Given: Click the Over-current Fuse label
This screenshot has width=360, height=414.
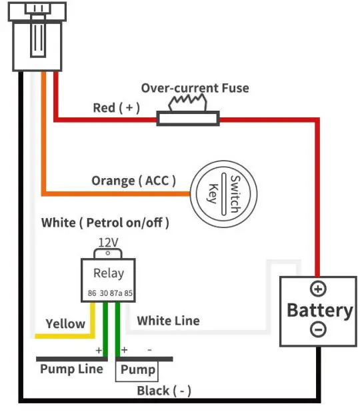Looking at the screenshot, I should [x=195, y=88].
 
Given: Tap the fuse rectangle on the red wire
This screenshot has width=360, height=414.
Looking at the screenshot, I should [x=188, y=119].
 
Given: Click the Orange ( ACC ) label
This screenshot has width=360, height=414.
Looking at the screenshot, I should [x=133, y=181].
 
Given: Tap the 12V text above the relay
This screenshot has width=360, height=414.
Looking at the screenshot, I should [x=108, y=242].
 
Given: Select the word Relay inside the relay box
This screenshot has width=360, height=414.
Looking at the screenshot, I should [x=108, y=273].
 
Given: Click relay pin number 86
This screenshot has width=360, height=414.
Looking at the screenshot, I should [x=92, y=293].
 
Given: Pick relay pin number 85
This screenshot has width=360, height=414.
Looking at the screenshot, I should [x=129, y=293].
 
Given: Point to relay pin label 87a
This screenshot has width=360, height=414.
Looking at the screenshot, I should [x=115, y=293].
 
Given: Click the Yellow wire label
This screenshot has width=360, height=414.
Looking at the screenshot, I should [x=65, y=324].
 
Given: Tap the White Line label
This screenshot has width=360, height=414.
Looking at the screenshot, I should [x=168, y=321].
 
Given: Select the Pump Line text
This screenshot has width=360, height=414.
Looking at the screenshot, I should [x=71, y=369].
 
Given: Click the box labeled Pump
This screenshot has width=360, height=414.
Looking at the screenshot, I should [x=138, y=370].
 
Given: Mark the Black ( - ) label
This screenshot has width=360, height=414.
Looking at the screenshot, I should [x=164, y=391].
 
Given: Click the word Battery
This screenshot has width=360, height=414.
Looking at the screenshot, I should [x=319, y=310].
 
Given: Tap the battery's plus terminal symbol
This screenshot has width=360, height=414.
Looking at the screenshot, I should [x=318, y=289].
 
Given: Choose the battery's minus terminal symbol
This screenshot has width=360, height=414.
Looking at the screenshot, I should [x=318, y=330].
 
